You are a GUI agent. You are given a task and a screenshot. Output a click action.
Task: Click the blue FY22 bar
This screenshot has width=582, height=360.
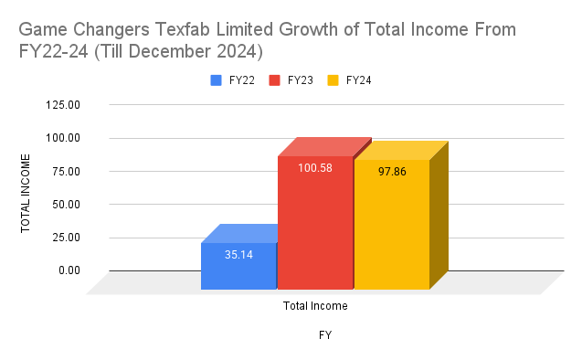pos(238,267)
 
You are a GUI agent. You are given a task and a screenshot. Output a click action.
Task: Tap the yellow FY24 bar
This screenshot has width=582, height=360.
pos(391,228)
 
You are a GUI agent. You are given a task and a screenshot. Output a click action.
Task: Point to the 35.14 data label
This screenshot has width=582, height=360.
pos(238,255)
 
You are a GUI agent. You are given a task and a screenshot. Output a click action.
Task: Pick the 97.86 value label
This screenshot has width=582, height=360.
pos(391,172)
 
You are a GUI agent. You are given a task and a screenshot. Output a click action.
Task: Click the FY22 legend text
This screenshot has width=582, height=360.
pos(242,80)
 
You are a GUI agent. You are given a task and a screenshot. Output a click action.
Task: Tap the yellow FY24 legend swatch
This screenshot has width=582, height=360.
pos(333,80)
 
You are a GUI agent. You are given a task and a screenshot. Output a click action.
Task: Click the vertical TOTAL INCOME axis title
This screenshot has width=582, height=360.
pos(26,194)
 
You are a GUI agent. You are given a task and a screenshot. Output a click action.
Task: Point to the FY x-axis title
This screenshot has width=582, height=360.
pos(324,335)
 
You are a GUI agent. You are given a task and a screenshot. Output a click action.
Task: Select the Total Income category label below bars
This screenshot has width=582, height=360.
pos(315,306)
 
